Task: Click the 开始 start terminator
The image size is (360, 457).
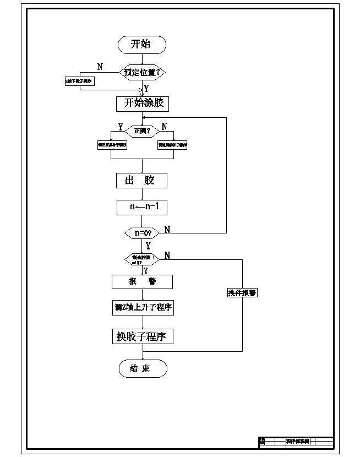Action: pyautogui.click(x=142, y=45)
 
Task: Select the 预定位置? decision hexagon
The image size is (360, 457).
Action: pyautogui.click(x=142, y=72)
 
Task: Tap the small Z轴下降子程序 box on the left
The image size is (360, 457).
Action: pyautogui.click(x=80, y=81)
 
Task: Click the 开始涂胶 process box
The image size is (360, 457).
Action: pyautogui.click(x=142, y=104)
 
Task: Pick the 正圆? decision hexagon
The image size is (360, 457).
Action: pyautogui.click(x=142, y=130)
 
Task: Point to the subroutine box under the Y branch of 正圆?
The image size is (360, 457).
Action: pyautogui.click(x=112, y=145)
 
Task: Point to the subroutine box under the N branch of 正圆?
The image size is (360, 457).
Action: pyautogui.click(x=172, y=145)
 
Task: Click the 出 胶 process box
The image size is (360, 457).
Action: pyautogui.click(x=141, y=181)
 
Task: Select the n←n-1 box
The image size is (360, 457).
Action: pyautogui.click(x=141, y=207)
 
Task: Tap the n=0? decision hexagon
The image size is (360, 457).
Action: pyautogui.click(x=142, y=233)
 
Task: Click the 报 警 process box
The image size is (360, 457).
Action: pyautogui.click(x=142, y=281)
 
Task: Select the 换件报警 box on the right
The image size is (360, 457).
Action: pyautogui.click(x=242, y=293)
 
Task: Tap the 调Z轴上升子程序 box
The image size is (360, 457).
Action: pyautogui.click(x=143, y=308)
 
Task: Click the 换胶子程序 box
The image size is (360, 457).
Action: pyautogui.click(x=142, y=336)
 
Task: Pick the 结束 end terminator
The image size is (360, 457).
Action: pyautogui.click(x=142, y=368)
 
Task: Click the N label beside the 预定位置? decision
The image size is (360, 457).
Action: pyautogui.click(x=100, y=67)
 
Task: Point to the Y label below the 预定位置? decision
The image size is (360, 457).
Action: pyautogui.click(x=146, y=88)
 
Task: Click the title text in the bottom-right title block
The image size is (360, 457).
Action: pyautogui.click(x=298, y=441)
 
